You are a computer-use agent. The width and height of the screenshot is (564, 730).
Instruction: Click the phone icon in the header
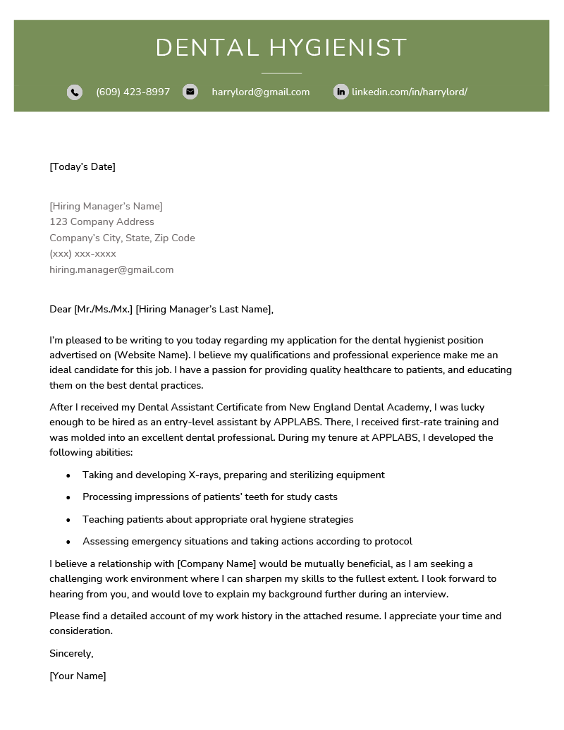pyautogui.click(x=75, y=92)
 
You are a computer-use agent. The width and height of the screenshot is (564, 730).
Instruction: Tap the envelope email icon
pyautogui.click(x=190, y=92)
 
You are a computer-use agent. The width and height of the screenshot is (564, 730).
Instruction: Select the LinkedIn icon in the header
pyautogui.click(x=341, y=92)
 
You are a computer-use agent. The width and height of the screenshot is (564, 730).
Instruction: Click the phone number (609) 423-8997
pyautogui.click(x=133, y=92)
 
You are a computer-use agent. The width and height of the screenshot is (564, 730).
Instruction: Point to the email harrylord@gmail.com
pyautogui.click(x=260, y=92)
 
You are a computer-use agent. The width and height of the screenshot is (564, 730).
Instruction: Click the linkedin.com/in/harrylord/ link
pyautogui.click(x=409, y=92)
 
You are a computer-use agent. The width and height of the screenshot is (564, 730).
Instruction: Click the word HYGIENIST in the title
pyautogui.click(x=338, y=48)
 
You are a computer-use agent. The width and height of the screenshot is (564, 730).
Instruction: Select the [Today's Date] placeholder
pyautogui.click(x=82, y=166)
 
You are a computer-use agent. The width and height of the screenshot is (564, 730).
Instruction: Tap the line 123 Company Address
pyautogui.click(x=102, y=221)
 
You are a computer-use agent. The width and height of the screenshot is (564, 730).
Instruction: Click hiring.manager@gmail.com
pyautogui.click(x=111, y=269)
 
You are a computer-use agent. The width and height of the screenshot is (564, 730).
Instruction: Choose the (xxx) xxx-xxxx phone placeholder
pyautogui.click(x=82, y=253)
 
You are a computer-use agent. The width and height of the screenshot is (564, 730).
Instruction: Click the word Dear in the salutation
pyautogui.click(x=60, y=309)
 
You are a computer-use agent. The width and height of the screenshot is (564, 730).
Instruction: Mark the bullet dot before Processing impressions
pyautogui.click(x=68, y=497)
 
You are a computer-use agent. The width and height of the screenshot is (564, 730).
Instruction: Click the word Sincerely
pyautogui.click(x=71, y=653)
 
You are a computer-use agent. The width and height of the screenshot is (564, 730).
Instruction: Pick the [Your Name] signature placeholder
pyautogui.click(x=78, y=676)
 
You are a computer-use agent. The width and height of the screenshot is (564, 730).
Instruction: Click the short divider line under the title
pyautogui.click(x=281, y=73)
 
